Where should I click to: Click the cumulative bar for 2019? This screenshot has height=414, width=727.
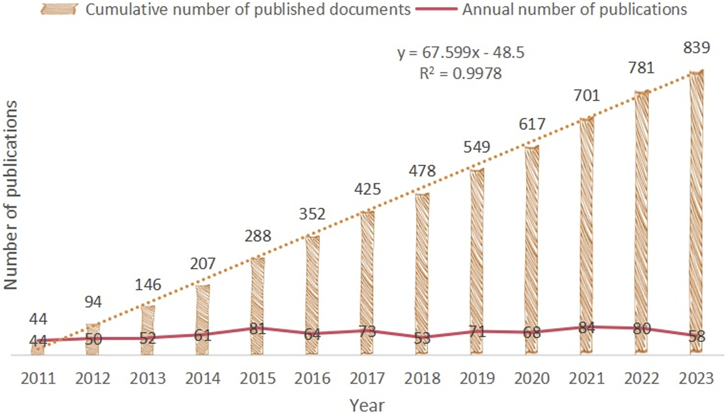pyautogui.click(x=477, y=260)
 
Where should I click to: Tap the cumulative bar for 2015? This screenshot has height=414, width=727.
pyautogui.click(x=258, y=306)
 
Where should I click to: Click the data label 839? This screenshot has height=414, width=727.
pyautogui.click(x=696, y=47)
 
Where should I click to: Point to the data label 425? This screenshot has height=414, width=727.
pyautogui.click(x=367, y=189)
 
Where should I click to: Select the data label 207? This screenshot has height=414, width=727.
pyautogui.click(x=203, y=263)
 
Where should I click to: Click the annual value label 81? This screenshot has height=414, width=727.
pyautogui.click(x=258, y=329)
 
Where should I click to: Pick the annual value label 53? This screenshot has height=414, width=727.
pyautogui.click(x=422, y=338)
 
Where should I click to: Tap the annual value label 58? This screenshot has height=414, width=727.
pyautogui.click(x=696, y=336)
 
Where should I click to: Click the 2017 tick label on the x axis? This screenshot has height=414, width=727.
pyautogui.click(x=367, y=378)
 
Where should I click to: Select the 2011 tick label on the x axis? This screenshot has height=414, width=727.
pyautogui.click(x=38, y=378)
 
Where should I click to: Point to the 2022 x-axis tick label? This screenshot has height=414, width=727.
pyautogui.click(x=642, y=378)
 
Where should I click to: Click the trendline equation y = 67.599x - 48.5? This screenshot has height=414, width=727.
pyautogui.click(x=461, y=53)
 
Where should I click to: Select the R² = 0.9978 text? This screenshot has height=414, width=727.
pyautogui.click(x=460, y=73)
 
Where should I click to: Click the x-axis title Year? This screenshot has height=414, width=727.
pyautogui.click(x=367, y=405)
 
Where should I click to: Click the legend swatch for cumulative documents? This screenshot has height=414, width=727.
pyautogui.click(x=59, y=10)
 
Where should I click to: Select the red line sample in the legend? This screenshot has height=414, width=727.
pyautogui.click(x=437, y=10)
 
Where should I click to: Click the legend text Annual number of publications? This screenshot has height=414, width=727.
pyautogui.click(x=574, y=10)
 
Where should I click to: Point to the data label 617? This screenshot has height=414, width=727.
pyautogui.click(x=532, y=124)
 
